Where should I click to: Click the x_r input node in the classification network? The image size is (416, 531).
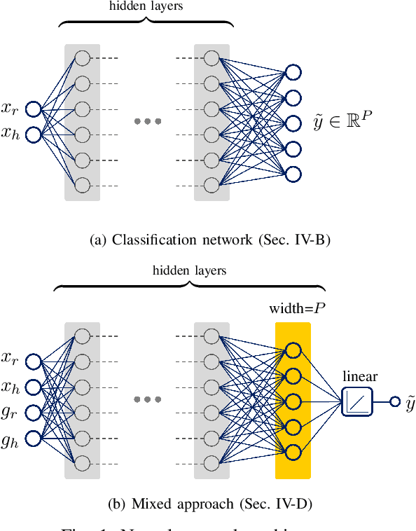(33, 109)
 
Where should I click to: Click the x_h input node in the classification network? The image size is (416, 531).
(33, 135)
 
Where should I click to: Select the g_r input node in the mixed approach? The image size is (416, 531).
(33, 412)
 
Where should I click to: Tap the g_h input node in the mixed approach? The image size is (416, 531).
(33, 437)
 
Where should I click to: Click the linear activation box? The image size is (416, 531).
(357, 401)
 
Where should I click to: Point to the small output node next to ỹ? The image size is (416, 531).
(395, 401)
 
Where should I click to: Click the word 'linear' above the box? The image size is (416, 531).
(360, 376)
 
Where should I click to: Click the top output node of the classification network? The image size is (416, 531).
(293, 72)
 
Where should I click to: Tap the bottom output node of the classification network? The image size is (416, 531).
(293, 173)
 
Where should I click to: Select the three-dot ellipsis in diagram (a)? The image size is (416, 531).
(148, 122)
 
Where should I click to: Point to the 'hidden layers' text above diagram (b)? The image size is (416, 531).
(189, 270)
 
